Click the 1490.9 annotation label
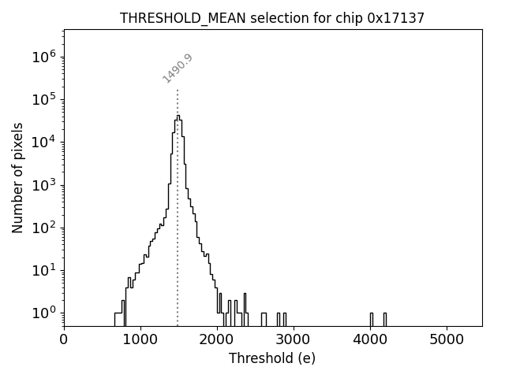point(178,69)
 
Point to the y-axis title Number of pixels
point(17,178)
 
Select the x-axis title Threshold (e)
point(272,358)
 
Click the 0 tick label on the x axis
point(64,339)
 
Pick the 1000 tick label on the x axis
point(140,339)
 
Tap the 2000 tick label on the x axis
point(217,339)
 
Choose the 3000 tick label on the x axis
point(294,339)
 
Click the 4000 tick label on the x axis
point(370,339)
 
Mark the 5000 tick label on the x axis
point(447,339)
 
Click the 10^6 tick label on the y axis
point(43,57)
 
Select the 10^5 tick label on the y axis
point(43,99)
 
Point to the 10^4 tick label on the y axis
point(43,142)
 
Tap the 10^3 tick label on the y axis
point(43,185)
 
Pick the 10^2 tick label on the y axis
point(43,228)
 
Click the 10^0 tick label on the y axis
point(43,313)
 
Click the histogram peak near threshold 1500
point(178,117)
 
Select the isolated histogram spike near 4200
point(385,318)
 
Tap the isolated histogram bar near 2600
point(264,318)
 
